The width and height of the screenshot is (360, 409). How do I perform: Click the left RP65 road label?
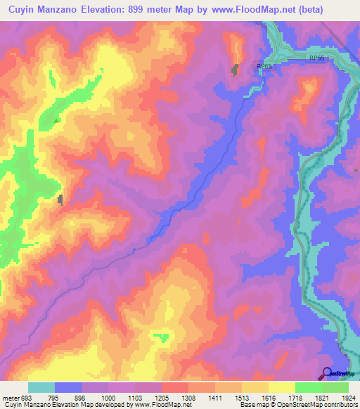click(264, 66)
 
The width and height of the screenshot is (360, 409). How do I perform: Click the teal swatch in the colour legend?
click(41, 387)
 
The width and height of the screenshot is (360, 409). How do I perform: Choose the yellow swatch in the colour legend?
click(281, 387)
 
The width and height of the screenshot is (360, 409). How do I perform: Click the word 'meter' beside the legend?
click(11, 397)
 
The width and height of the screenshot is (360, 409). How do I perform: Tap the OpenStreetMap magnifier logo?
click(327, 373)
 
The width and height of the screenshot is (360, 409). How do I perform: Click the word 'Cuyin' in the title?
click(22, 10)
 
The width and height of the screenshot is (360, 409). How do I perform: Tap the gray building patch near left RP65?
click(236, 70)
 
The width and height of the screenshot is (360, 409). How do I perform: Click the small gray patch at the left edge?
click(60, 200)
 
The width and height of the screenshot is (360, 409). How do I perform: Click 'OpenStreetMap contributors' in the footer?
click(316, 405)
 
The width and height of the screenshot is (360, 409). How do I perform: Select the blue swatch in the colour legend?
click(67, 387)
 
